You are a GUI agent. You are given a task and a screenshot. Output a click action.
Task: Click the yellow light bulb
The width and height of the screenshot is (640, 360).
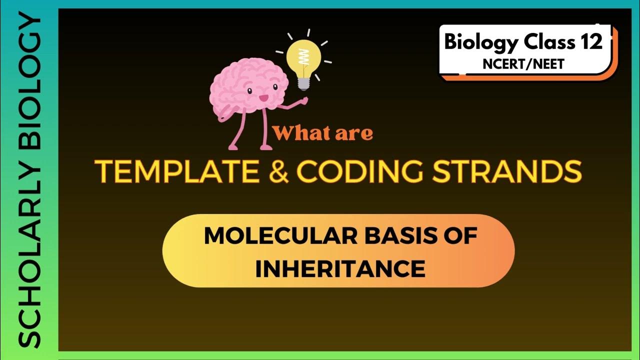coord(303,59)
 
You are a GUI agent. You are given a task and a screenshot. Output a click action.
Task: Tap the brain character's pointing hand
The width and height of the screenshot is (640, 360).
coord(303,100)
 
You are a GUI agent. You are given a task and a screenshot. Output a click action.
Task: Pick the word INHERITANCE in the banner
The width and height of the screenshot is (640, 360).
coord(340,269)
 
